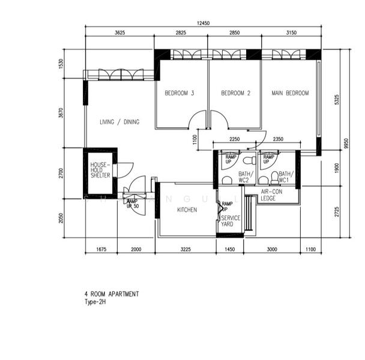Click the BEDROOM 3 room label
[x=179, y=94]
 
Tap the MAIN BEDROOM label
[x=290, y=94]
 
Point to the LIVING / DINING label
[x=119, y=122]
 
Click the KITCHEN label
[x=187, y=210]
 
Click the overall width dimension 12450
[x=203, y=23]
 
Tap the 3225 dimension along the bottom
[x=186, y=249]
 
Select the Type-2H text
[x=95, y=302]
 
